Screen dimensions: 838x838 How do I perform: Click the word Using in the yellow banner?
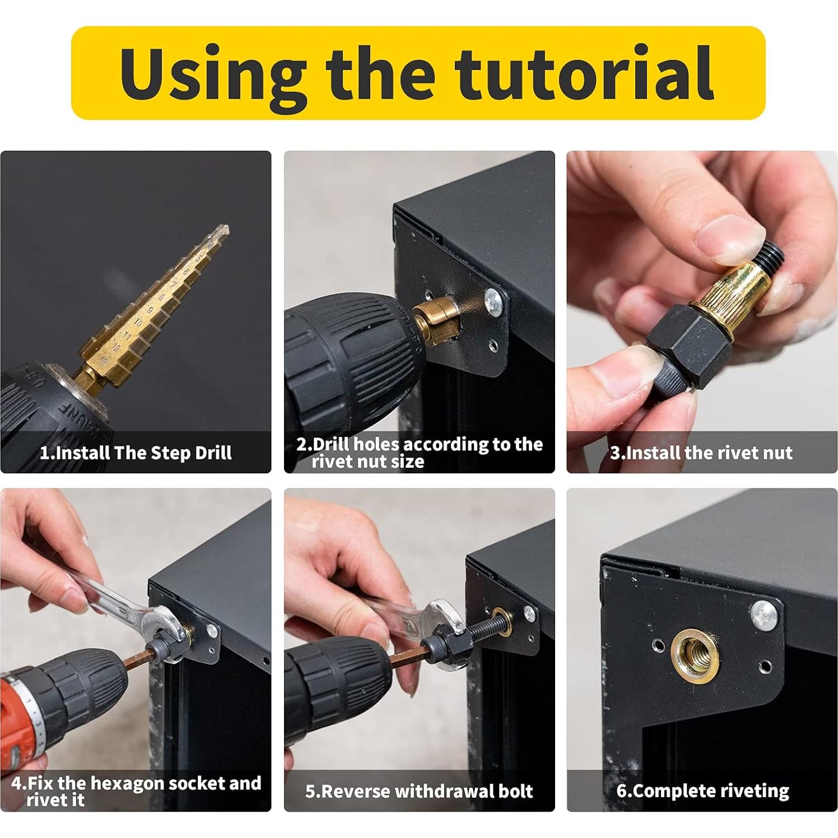(213, 73)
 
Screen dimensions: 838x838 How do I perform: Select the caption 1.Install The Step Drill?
(136, 453)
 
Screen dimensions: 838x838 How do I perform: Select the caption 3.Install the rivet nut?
(701, 453)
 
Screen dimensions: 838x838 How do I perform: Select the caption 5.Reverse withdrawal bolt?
(419, 791)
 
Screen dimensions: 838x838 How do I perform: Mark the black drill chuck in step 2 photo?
(347, 359)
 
